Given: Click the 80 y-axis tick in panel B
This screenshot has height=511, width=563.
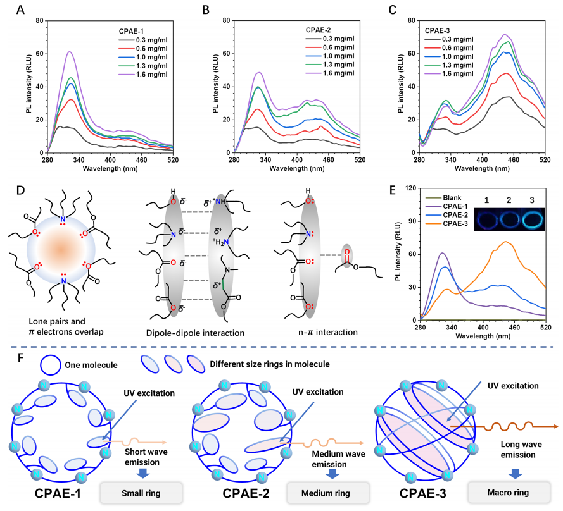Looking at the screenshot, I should coord(225,21).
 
